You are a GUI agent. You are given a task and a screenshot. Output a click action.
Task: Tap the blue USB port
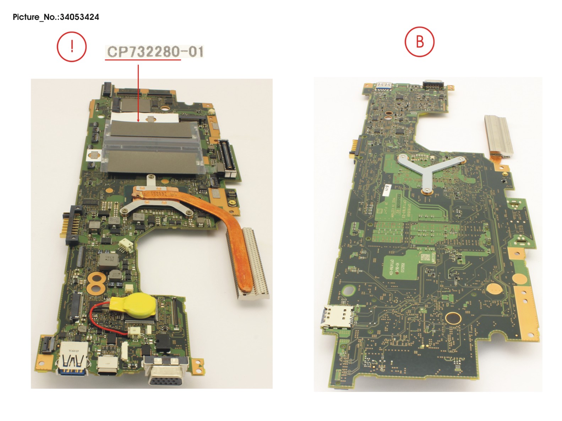(72, 362)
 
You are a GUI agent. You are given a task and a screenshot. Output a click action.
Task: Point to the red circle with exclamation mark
(72, 46)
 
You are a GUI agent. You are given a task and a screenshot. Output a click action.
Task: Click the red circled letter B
(420, 41)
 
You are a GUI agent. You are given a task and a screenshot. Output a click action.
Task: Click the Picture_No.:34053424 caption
(56, 17)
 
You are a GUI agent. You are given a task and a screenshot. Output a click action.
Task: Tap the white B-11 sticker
(388, 190)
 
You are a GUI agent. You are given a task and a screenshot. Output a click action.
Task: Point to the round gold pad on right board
(453, 318)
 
